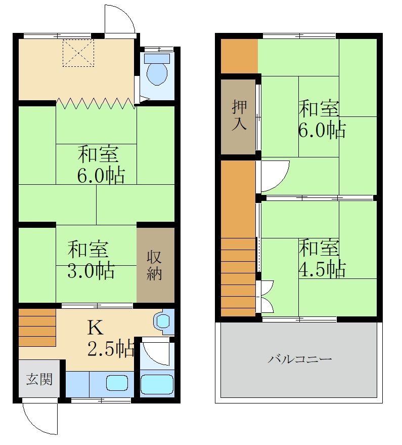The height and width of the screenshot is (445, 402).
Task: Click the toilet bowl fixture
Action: (157, 69)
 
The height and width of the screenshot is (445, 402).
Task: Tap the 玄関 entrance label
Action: (39, 379)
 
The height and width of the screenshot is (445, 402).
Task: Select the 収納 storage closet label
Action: (154, 265)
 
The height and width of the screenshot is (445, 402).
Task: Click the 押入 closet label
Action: (240, 115)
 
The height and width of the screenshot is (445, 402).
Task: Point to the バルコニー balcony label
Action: (300, 359)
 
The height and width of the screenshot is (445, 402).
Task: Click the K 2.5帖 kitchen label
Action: (111, 338)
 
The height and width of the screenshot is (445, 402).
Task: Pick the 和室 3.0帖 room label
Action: (91, 260)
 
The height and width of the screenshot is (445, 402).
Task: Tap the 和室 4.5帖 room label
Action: (322, 258)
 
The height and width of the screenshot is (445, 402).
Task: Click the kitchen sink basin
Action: (117, 383)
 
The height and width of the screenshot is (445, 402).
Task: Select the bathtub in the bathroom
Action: (157, 384)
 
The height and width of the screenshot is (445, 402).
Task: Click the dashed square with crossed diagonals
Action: (78, 53)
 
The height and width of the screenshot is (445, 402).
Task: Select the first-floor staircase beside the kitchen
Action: (37, 328)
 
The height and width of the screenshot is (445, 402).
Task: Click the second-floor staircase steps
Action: (239, 277)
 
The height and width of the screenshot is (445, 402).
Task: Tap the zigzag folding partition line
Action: (96, 103)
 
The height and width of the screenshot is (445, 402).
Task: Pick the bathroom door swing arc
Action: (160, 357)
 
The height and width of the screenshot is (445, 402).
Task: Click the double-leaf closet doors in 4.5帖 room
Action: (267, 297)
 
